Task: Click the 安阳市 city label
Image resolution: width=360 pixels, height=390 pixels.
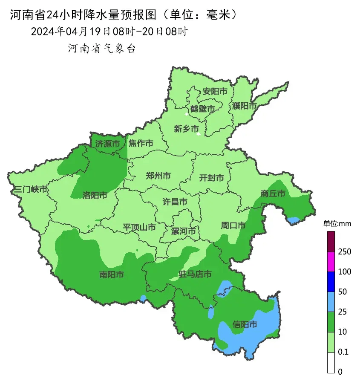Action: pyautogui.click(x=215, y=91)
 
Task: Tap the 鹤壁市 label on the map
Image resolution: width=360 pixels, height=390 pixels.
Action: pyautogui.click(x=203, y=109)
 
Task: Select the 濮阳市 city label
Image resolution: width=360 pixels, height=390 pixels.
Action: pyautogui.click(x=245, y=105)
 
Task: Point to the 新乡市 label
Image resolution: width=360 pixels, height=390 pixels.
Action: pyautogui.click(x=186, y=129)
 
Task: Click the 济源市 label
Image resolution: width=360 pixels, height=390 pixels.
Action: pyautogui.click(x=107, y=144)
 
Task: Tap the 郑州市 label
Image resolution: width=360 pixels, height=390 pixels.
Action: pyautogui.click(x=158, y=176)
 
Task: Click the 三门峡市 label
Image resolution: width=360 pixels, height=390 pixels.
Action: pyautogui.click(x=31, y=189)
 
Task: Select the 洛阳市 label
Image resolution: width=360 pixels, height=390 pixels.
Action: pyautogui.click(x=95, y=195)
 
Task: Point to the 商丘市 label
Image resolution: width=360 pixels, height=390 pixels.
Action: pyautogui.click(x=273, y=194)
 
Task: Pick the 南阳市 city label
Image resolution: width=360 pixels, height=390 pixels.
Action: pyautogui.click(x=111, y=275)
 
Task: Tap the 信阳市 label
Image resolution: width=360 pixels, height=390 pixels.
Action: pyautogui.click(x=245, y=325)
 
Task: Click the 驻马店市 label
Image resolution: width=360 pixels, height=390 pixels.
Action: pyautogui.click(x=195, y=274)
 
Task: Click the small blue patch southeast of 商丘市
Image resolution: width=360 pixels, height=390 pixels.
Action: pyautogui.click(x=293, y=220)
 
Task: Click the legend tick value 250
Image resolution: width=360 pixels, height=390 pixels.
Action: pyautogui.click(x=344, y=251)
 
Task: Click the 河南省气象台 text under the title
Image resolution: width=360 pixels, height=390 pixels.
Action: pyautogui.click(x=102, y=49)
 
